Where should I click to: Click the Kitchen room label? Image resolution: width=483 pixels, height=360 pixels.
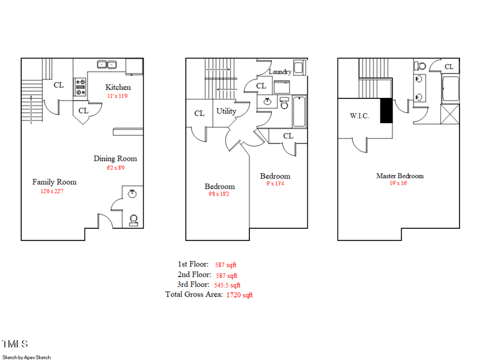coord(118,87)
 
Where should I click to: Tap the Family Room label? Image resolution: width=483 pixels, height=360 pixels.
coord(54,182)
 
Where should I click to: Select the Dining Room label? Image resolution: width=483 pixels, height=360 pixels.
coord(115,159)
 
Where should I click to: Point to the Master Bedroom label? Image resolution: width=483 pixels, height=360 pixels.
coord(400,176)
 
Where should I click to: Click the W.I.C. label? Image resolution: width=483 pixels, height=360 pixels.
coord(359,115)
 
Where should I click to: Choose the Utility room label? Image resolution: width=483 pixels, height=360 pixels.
coord(226,111)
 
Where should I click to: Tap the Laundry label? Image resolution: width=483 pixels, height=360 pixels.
coord(280,72)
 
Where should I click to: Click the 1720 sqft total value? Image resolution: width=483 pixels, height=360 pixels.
coord(239,295)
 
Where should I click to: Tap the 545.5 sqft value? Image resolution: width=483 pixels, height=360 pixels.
coord(227,285)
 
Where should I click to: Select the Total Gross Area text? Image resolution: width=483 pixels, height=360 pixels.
coord(193,295)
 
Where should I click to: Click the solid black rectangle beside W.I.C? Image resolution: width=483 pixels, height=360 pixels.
coord(386,111)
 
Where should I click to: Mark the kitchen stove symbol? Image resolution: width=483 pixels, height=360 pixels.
coord(80,88)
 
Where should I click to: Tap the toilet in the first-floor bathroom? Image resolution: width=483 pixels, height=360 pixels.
coord(134,219)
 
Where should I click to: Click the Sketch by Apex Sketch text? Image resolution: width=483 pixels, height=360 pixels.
coord(27,357)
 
